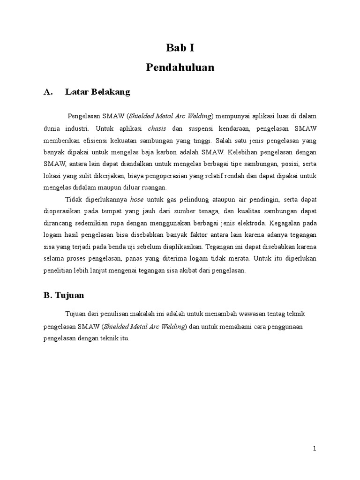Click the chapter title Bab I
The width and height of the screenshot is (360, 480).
click(180, 47)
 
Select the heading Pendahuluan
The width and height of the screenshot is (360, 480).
click(180, 67)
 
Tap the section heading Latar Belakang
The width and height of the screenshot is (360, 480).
click(97, 92)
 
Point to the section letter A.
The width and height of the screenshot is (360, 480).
click(47, 92)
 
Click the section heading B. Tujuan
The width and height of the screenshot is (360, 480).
click(63, 296)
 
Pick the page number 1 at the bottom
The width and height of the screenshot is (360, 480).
click(315, 449)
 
